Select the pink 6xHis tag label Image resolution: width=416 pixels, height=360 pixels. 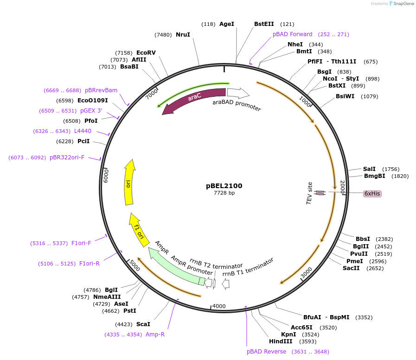point(372,194)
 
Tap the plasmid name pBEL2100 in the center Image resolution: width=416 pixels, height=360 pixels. point(224,186)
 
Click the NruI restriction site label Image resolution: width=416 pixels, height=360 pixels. point(183,35)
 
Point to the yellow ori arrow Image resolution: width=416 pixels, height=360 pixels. point(129,183)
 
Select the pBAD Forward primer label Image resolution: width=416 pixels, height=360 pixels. point(292,34)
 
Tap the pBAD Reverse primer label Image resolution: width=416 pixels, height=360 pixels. point(266,352)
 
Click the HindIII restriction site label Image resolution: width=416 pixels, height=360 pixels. point(280,341)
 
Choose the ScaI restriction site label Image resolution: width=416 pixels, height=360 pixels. point(143,324)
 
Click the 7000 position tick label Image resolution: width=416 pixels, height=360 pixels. point(152,94)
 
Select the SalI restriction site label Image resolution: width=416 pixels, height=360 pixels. point(369,169)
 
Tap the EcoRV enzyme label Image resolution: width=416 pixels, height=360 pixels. point(146,53)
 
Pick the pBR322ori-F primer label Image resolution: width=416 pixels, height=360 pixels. point(67,158)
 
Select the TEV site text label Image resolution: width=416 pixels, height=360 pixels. point(310,193)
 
